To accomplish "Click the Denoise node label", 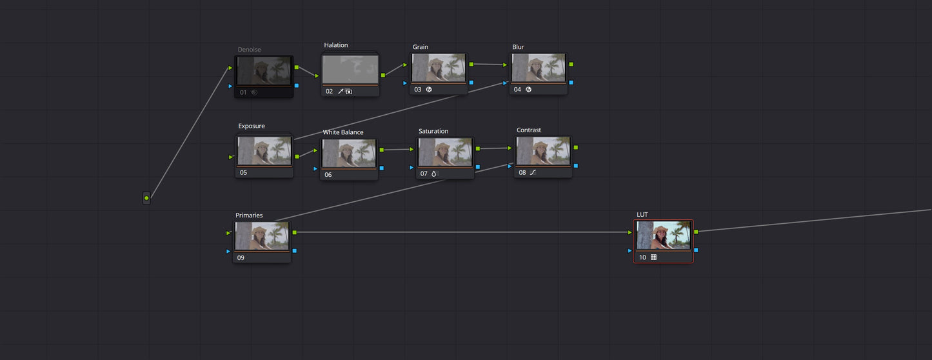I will pyautogui.click(x=249, y=50).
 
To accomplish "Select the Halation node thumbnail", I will pyautogui.click(x=350, y=69).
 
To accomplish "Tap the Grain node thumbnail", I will pyautogui.click(x=439, y=68).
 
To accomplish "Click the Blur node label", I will pyautogui.click(x=518, y=47).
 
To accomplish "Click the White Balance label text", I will pyautogui.click(x=343, y=132).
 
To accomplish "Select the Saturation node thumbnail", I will pyautogui.click(x=445, y=152).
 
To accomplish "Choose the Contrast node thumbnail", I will pyautogui.click(x=543, y=151).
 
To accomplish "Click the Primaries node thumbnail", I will pyautogui.click(x=262, y=235).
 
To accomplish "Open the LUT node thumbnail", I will pyautogui.click(x=663, y=235).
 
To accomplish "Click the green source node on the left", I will pyautogui.click(x=146, y=198).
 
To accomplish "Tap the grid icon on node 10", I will pyautogui.click(x=653, y=257).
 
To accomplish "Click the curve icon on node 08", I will pyautogui.click(x=533, y=173).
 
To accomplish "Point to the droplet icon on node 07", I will pyautogui.click(x=433, y=174).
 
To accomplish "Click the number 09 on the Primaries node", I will pyautogui.click(x=241, y=258).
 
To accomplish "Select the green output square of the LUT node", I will pyautogui.click(x=696, y=231).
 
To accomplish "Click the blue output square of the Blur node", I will pyautogui.click(x=571, y=83).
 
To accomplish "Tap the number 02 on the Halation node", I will pyautogui.click(x=329, y=92).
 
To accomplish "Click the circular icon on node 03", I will pyautogui.click(x=429, y=90).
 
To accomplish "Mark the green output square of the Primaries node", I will pyautogui.click(x=295, y=232).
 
